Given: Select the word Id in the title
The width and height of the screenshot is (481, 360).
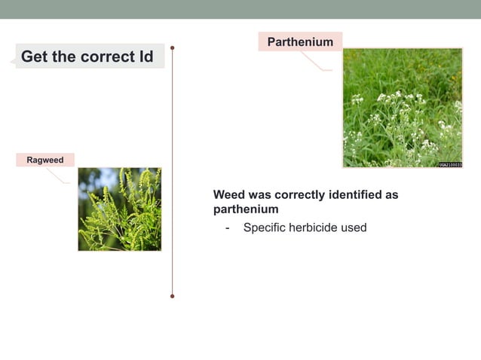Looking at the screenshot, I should pyautogui.click(x=146, y=56).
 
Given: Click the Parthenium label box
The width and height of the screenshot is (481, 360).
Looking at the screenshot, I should pyautogui.click(x=300, y=42).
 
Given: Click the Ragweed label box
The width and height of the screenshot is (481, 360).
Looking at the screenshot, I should pyautogui.click(x=45, y=160).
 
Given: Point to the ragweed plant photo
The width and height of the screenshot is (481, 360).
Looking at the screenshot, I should pyautogui.click(x=119, y=209).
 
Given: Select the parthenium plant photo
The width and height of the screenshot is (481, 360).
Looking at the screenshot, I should pyautogui.click(x=403, y=108).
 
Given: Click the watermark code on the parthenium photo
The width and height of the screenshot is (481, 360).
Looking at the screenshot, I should pyautogui.click(x=450, y=164).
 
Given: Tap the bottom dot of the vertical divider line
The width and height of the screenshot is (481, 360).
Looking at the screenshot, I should pyautogui.click(x=173, y=296).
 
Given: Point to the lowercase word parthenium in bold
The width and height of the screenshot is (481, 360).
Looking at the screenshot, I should pyautogui.click(x=246, y=209).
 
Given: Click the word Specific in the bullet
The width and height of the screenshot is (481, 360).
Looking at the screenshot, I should pyautogui.click(x=265, y=227).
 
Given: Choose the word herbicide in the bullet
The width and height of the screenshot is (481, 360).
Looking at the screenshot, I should pyautogui.click(x=315, y=227).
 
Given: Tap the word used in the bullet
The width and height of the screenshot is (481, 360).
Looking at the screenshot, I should pyautogui.click(x=354, y=227).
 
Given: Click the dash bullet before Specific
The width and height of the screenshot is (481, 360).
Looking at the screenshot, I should pyautogui.click(x=228, y=227).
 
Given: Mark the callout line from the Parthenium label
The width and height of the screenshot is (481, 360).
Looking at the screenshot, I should pyautogui.click(x=317, y=63).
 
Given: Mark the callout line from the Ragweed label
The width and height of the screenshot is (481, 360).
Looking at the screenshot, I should pyautogui.click(x=59, y=175).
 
